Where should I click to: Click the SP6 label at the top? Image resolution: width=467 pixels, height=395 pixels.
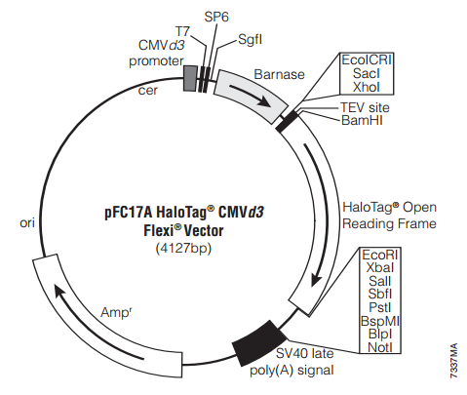pyautogui.click(x=216, y=17)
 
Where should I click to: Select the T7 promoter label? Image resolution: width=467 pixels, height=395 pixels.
pyautogui.click(x=182, y=31)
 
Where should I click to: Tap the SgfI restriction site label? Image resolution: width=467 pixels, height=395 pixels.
pyautogui.click(x=250, y=40)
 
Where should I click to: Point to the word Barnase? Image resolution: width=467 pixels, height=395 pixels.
pyautogui.click(x=279, y=74)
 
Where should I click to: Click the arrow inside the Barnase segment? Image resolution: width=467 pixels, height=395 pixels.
pyautogui.click(x=251, y=95)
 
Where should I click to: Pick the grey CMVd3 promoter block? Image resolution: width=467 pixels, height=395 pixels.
pyautogui.click(x=190, y=78)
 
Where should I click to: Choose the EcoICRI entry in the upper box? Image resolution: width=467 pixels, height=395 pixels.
pyautogui.click(x=367, y=59)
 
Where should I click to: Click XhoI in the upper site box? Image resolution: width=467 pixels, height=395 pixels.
pyautogui.click(x=367, y=87)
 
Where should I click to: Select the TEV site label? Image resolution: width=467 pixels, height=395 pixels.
pyautogui.click(x=365, y=107)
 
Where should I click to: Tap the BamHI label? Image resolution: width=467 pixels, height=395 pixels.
pyautogui.click(x=362, y=120)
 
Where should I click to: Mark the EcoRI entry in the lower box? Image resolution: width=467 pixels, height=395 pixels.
pyautogui.click(x=380, y=255)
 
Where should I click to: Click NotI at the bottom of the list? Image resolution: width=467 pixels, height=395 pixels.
pyautogui.click(x=380, y=347)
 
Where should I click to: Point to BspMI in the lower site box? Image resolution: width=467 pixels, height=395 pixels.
pyautogui.click(x=380, y=321)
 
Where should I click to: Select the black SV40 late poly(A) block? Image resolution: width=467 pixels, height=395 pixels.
pyautogui.click(x=258, y=343)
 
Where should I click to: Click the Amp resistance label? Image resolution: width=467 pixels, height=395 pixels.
pyautogui.click(x=116, y=312)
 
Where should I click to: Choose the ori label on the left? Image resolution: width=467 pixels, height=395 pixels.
pyautogui.click(x=27, y=223)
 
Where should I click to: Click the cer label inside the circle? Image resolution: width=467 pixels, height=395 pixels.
pyautogui.click(x=148, y=91)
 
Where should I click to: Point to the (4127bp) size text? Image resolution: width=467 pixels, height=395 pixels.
pyautogui.click(x=183, y=249)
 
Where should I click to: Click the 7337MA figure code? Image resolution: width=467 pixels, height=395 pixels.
pyautogui.click(x=454, y=361)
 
